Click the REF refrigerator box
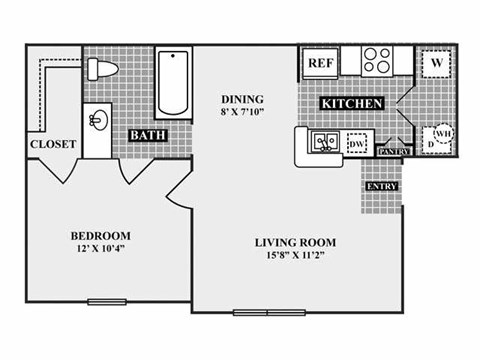click(319, 62)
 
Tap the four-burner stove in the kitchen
click(377, 60)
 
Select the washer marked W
click(437, 61)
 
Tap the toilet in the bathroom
click(102, 68)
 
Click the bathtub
click(174, 82)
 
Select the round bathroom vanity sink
click(98, 122)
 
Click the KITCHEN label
click(352, 103)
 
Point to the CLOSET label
click(53, 143)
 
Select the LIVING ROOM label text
click(294, 242)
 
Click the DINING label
click(242, 99)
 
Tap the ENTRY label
click(381, 187)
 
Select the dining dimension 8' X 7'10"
click(242, 113)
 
